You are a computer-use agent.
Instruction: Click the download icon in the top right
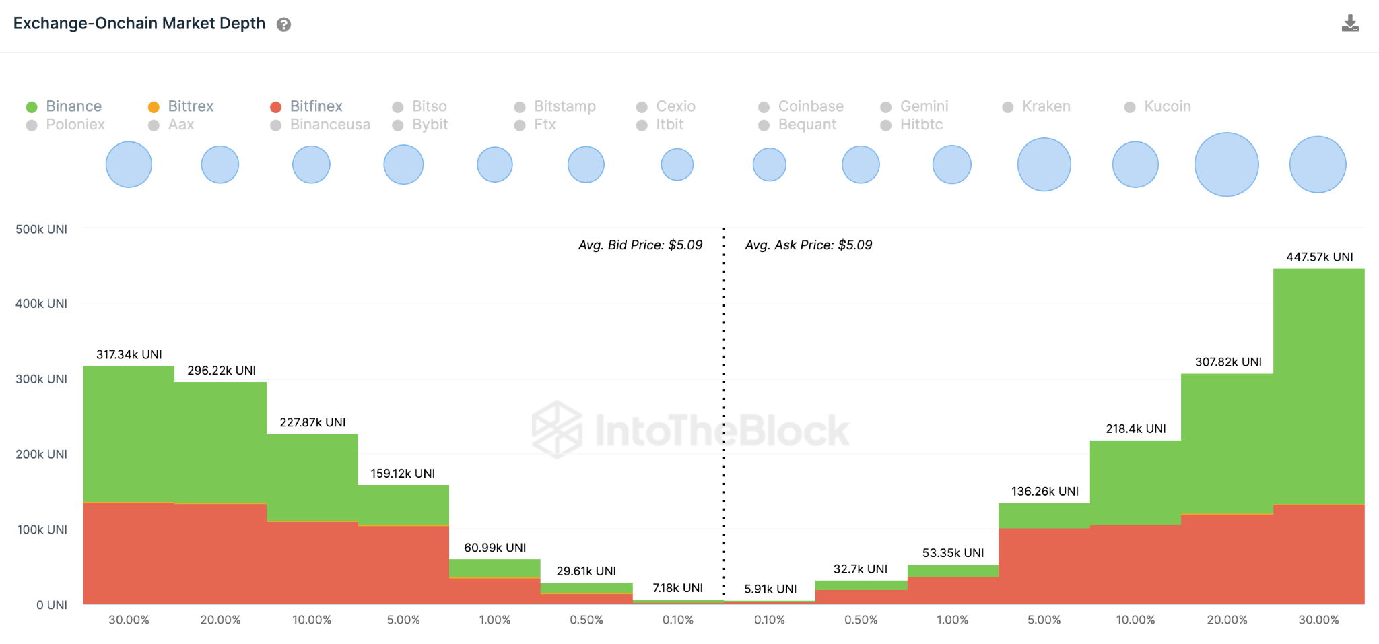tap(1349, 24)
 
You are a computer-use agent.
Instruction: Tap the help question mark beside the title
tap(284, 25)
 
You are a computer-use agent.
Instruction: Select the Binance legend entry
tap(65, 106)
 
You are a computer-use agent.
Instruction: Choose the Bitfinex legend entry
tap(307, 106)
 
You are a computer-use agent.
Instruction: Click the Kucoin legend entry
tap(1158, 106)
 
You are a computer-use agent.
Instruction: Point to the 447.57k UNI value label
tap(1319, 257)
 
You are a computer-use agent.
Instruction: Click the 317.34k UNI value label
tap(129, 354)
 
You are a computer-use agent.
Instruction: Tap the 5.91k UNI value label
tap(770, 589)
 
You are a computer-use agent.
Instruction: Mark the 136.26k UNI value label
tap(1044, 491)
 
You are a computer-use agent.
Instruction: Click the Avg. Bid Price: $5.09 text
tap(640, 245)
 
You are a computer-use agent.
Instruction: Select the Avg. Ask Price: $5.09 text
tap(808, 245)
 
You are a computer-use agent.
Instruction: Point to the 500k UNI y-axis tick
tap(42, 230)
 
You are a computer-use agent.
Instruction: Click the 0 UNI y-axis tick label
tap(52, 605)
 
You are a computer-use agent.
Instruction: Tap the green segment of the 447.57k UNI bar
tap(1318, 384)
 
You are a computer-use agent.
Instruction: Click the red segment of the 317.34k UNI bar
tap(129, 552)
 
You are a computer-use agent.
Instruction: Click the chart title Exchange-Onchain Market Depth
tap(139, 24)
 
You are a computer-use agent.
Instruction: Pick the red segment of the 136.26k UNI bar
tap(1044, 566)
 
